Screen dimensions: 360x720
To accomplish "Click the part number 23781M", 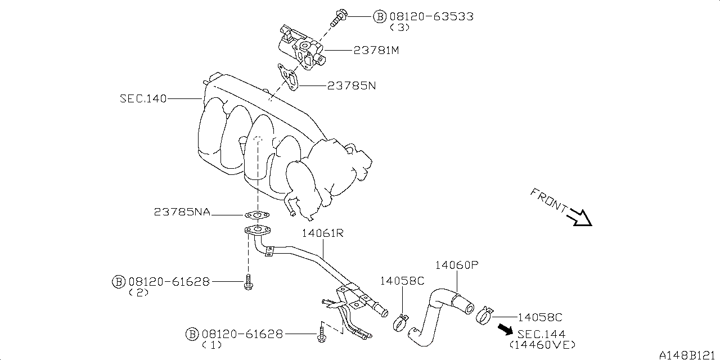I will (376, 50).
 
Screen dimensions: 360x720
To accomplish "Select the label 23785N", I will (352, 86).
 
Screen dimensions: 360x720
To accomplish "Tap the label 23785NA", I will (182, 212).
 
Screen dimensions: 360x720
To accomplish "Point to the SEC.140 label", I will (143, 98).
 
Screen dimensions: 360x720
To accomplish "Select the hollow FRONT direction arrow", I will (580, 217).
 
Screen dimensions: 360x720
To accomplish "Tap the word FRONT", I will (548, 200).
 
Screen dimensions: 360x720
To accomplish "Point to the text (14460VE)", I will (542, 344).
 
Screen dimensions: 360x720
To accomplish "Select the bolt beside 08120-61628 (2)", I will (247, 283).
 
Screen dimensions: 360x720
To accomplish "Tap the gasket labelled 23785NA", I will (256, 214).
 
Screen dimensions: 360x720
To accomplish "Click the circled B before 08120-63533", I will (380, 16).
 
